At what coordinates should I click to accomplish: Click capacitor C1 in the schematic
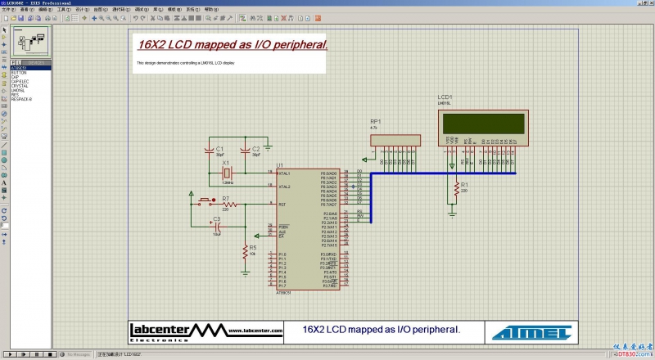coord(210,151)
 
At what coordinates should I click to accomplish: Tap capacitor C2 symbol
coord(245,151)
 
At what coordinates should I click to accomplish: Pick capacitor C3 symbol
coord(217,226)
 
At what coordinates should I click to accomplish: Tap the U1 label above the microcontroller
coord(280,165)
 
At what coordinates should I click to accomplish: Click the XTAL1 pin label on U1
coord(284,173)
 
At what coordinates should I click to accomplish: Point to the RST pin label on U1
coord(282,205)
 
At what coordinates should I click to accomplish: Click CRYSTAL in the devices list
coord(20,86)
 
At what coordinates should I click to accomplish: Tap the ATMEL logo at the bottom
coord(531,331)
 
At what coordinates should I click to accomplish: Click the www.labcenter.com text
coord(255,331)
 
